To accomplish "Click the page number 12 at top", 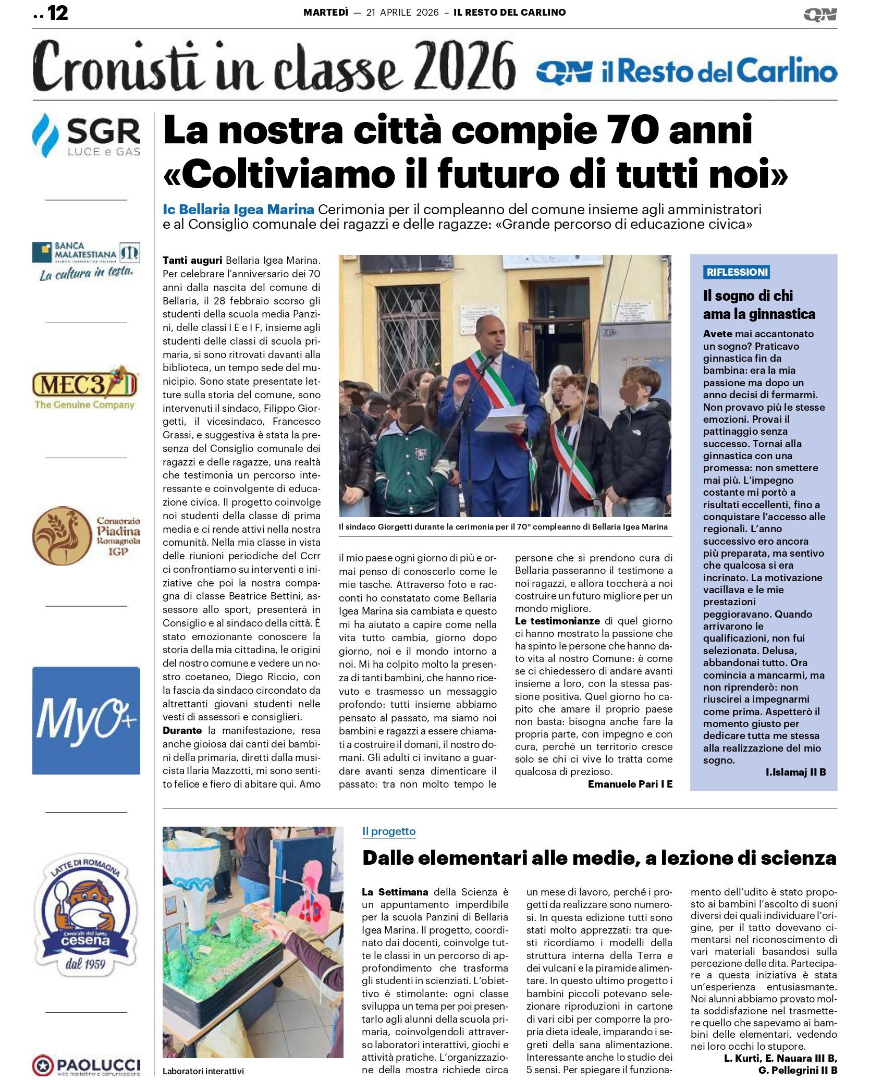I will (x=58, y=13).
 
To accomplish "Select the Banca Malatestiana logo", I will (x=86, y=261).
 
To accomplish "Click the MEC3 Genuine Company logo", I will (x=85, y=389).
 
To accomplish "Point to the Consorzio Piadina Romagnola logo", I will (x=86, y=536).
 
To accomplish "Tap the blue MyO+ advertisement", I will (x=86, y=720).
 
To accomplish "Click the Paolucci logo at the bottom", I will (x=86, y=1065).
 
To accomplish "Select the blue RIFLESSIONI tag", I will (x=737, y=272).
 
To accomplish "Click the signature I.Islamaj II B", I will (x=795, y=772).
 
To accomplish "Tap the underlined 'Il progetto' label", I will (x=389, y=831).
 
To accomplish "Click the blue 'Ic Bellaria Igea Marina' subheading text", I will (x=238, y=210).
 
